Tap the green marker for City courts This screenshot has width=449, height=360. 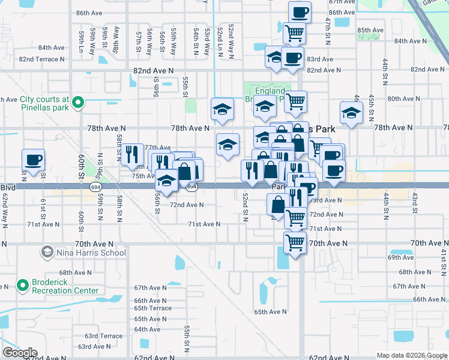click(77, 104)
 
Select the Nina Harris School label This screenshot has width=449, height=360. click(91, 253)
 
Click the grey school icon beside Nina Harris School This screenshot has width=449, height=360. click(46, 253)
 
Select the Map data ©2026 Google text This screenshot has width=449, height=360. click(412, 355)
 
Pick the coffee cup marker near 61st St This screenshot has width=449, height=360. click(34, 161)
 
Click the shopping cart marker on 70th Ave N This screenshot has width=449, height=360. click(295, 242)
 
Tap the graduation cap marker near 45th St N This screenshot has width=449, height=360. click(352, 112)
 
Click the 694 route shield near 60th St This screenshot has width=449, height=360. click(96, 187)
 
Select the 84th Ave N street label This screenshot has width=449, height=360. click(51, 47)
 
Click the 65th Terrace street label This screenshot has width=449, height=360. click(152, 308)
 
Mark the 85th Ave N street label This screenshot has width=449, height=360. click(370, 30)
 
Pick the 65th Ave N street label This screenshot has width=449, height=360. click(270, 312)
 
